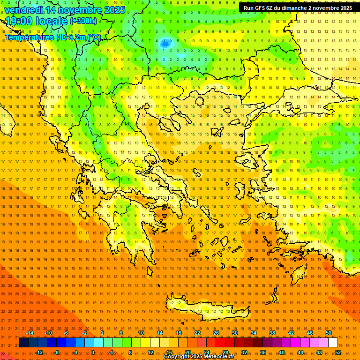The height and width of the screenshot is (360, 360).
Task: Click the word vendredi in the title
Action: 24,10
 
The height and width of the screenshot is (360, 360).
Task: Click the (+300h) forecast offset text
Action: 83,21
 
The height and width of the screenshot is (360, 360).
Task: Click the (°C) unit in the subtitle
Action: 94,37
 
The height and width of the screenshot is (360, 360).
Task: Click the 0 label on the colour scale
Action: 93,352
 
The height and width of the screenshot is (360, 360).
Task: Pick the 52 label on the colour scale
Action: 338,352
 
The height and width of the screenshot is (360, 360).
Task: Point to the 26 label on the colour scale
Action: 216,333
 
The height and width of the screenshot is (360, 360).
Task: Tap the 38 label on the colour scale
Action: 272,333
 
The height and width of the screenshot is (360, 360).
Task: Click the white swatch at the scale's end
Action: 333,343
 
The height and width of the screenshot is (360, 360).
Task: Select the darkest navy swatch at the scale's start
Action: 23,343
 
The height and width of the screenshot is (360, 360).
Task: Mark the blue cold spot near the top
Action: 165,44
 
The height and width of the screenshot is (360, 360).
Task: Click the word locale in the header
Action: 52,21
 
